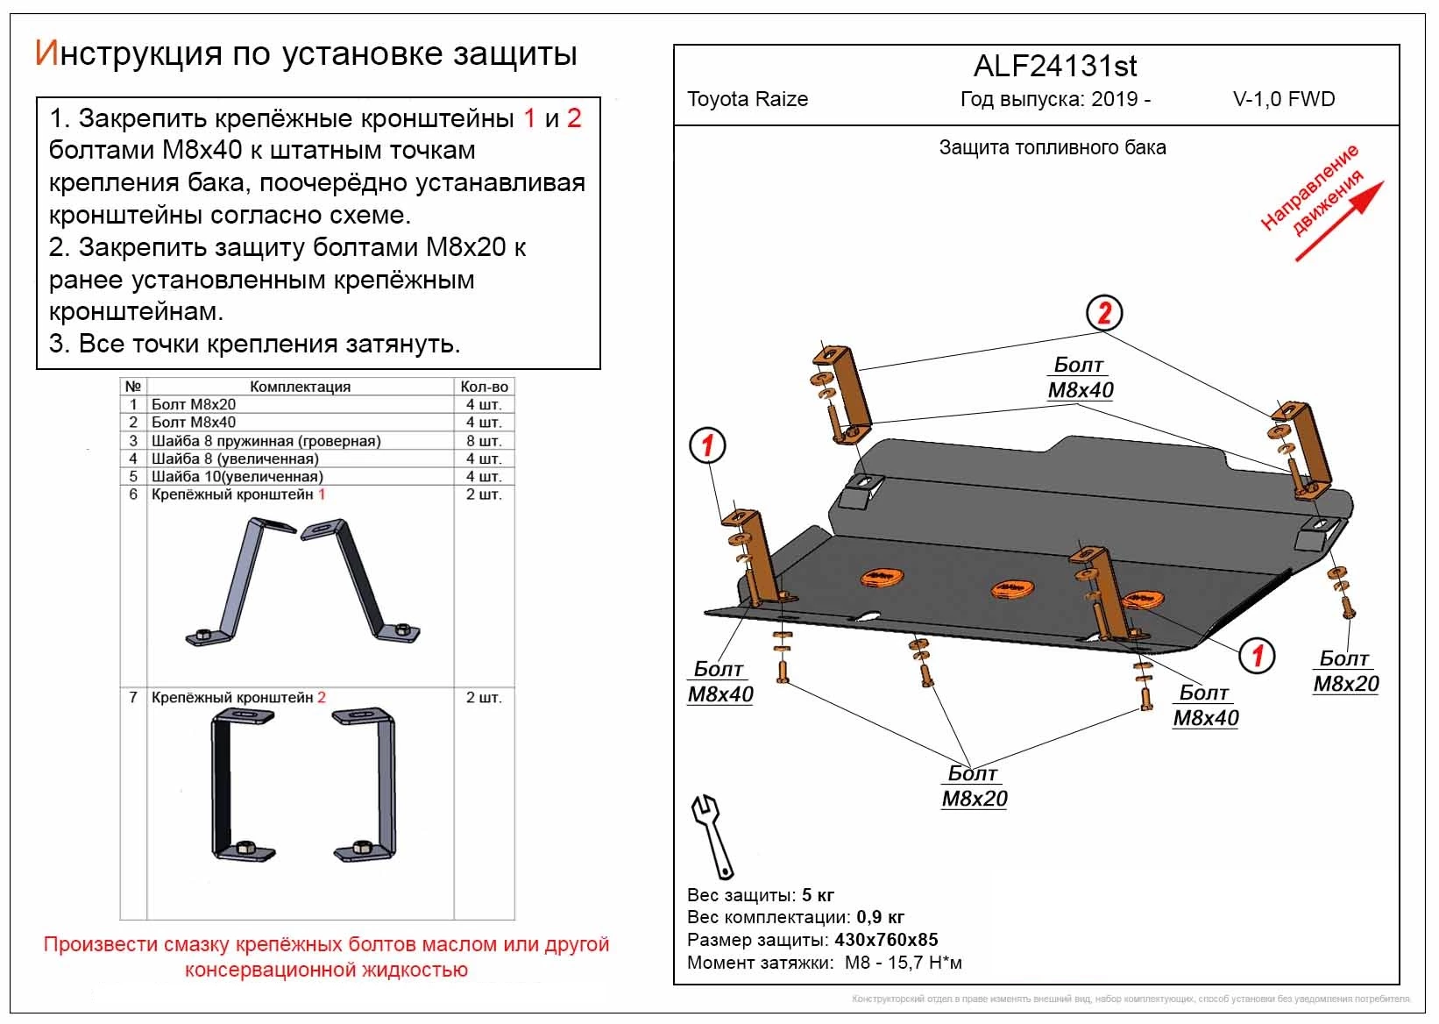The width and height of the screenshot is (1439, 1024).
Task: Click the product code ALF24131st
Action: coord(1055,67)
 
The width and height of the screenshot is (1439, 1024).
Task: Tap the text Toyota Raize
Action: coord(748,99)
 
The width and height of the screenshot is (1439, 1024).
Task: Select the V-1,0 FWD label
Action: coord(1284,99)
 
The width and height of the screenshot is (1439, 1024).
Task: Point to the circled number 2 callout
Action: coord(1104,313)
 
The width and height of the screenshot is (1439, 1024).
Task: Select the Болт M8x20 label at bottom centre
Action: coord(974,786)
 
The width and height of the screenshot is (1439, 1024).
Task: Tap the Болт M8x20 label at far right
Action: coord(1345,672)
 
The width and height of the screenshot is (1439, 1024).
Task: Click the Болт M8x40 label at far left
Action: coord(719,682)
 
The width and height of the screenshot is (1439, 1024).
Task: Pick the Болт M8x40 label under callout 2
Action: coord(1080,378)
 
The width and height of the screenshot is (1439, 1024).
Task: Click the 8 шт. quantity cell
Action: coord(483,441)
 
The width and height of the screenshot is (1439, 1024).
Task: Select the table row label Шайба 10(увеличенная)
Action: coord(237,477)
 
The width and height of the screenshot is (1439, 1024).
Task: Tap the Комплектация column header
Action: coord(300,387)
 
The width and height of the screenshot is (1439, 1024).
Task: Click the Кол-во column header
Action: coord(484,387)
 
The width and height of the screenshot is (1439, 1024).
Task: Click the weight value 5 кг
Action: coord(818,895)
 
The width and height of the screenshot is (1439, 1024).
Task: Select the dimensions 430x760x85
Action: coord(885,940)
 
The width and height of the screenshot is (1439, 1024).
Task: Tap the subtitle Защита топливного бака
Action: coord(1053,147)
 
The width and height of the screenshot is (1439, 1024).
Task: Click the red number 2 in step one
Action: coord(574,118)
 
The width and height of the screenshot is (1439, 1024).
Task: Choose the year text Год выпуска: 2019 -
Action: coord(1055,99)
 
